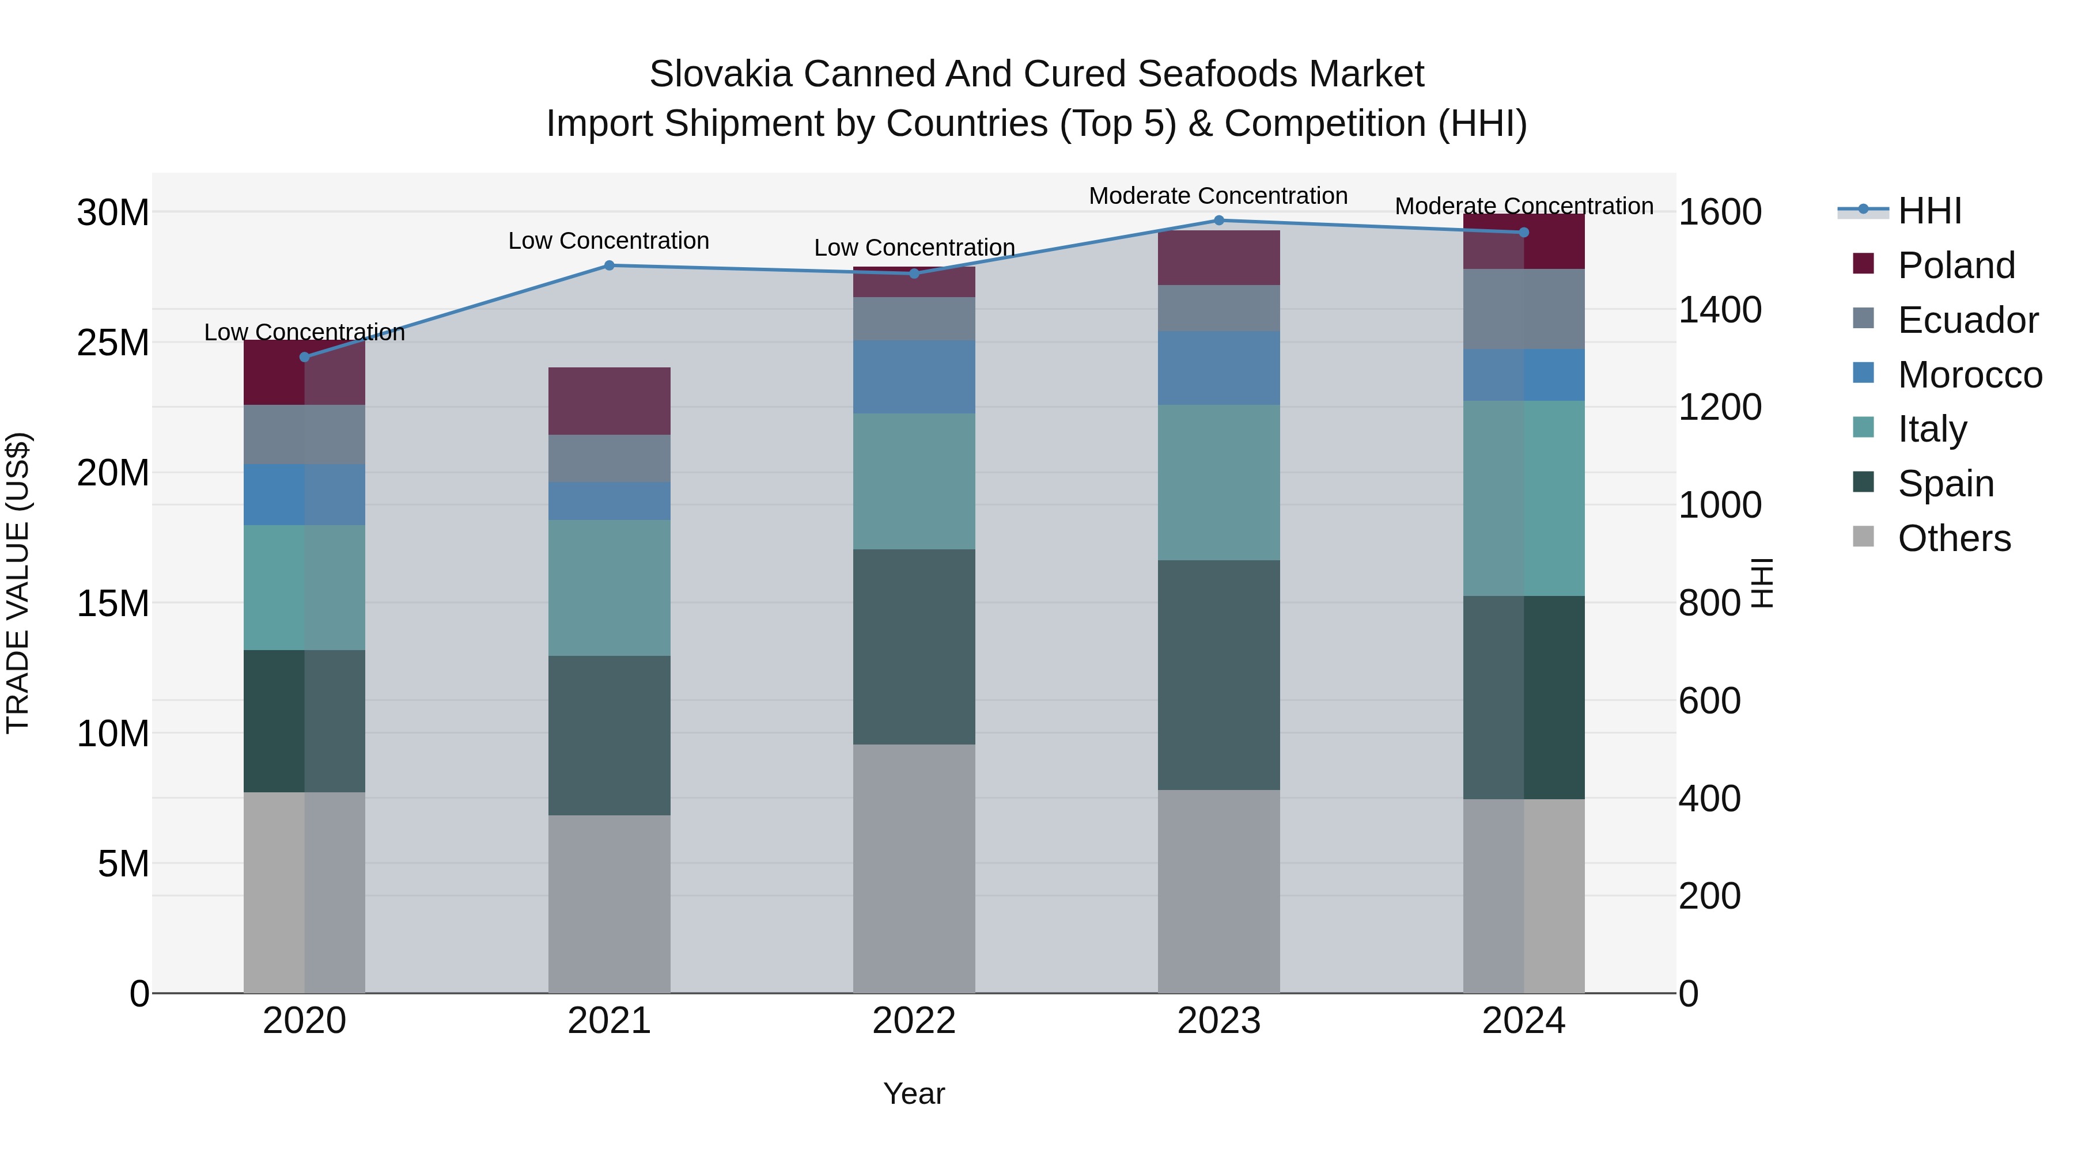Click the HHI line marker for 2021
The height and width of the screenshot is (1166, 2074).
point(609,265)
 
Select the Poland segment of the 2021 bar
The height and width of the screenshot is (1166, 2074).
point(609,401)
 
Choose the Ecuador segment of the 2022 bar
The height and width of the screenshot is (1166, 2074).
point(914,318)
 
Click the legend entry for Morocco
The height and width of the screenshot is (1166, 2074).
point(1969,375)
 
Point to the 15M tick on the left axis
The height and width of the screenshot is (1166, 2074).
point(113,603)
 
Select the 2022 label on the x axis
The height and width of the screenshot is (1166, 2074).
point(914,1021)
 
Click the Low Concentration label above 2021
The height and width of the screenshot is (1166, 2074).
point(609,241)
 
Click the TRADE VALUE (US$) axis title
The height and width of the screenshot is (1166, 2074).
point(18,583)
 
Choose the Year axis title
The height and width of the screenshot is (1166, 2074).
point(914,1093)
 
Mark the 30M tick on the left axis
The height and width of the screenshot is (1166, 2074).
point(113,213)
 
